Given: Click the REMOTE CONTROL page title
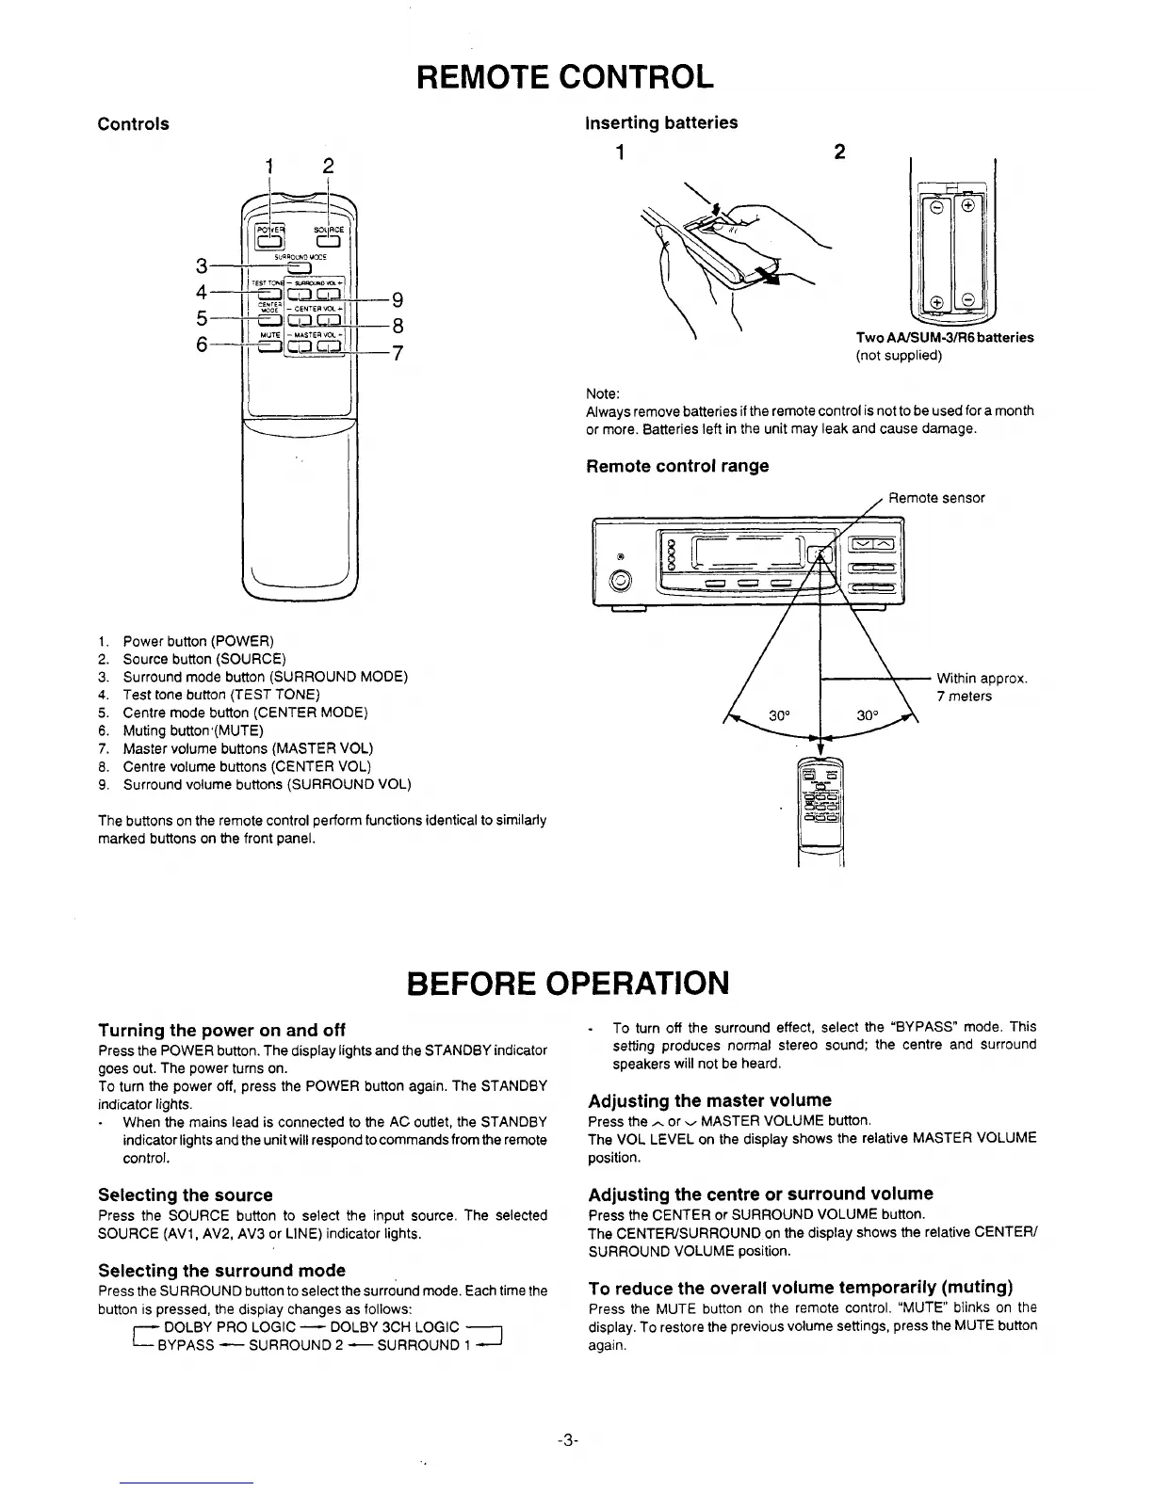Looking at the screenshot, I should (566, 75).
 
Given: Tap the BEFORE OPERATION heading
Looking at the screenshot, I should (566, 983).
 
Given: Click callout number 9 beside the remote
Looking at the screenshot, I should (398, 300).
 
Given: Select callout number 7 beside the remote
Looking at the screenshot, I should (398, 355).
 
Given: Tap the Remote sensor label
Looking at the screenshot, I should (936, 498).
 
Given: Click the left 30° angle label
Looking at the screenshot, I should (778, 714).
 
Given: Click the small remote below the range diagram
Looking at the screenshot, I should (820, 800).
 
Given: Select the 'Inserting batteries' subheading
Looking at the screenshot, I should (661, 122).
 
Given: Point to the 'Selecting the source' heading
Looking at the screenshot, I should (186, 1194).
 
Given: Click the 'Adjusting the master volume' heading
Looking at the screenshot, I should (709, 1100).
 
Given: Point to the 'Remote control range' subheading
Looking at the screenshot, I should (677, 466).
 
